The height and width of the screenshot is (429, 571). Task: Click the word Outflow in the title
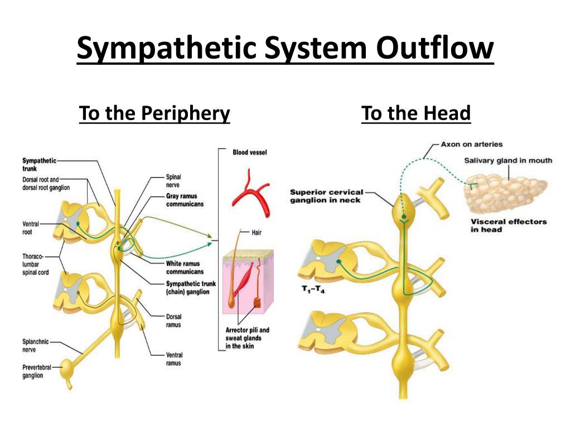tap(435, 47)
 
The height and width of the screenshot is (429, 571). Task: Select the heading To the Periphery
tap(154, 113)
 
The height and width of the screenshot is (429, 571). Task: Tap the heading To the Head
tap(416, 113)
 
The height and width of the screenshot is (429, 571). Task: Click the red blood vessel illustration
tap(251, 193)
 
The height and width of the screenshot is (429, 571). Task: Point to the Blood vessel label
tap(250, 152)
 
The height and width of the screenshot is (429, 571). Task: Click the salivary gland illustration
tap(505, 193)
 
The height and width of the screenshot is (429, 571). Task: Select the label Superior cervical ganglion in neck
tap(327, 196)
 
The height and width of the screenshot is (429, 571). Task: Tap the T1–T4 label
tap(313, 289)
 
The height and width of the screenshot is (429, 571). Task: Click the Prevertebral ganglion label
tap(37, 371)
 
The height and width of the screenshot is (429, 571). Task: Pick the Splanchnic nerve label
tap(35, 345)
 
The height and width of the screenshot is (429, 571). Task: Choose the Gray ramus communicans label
tap(185, 200)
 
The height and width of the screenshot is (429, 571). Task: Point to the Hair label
tap(257, 232)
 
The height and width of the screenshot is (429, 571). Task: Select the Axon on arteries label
tap(472, 144)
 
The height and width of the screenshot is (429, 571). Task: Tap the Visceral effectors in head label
tap(509, 226)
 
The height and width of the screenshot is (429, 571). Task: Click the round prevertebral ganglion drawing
tap(67, 369)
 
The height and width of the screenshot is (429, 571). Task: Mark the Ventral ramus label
tap(174, 359)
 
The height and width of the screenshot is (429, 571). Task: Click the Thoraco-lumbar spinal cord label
tap(35, 264)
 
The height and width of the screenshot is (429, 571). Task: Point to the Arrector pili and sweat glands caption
tap(247, 338)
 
